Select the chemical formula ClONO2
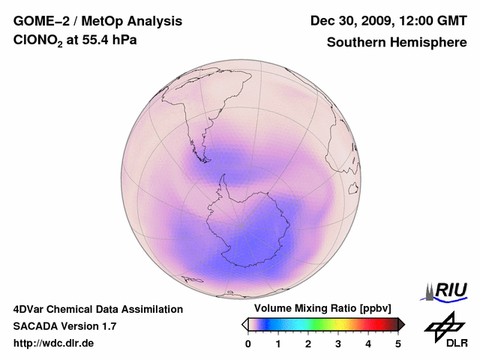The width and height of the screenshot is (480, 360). point(39,43)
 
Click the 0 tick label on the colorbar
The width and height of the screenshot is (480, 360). point(248,343)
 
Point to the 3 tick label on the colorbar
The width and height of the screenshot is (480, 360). point(338,343)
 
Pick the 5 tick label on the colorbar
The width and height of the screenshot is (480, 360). point(398,343)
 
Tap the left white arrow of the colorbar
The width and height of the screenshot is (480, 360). point(244,324)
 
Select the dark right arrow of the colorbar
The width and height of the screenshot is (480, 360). point(401,324)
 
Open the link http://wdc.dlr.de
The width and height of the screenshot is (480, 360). point(54,343)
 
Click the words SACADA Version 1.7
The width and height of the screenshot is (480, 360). point(64,326)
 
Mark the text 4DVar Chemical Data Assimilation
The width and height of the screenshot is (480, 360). point(97,309)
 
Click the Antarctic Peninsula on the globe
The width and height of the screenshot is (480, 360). point(224,183)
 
